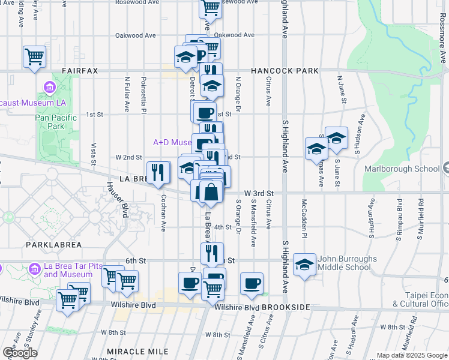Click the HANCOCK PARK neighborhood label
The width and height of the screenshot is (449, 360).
tap(285, 71)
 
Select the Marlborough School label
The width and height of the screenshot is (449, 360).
tap(402, 169)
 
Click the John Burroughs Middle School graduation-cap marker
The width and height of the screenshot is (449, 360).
tap(305, 265)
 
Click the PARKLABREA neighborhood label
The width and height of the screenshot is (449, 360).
tap(50, 245)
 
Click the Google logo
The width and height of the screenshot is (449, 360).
tap(20, 353)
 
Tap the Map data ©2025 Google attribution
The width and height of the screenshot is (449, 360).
tap(411, 355)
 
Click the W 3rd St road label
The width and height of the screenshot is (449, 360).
tap(259, 193)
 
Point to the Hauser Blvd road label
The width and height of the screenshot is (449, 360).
tap(116, 200)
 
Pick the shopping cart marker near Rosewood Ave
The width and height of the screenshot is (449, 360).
tap(210, 8)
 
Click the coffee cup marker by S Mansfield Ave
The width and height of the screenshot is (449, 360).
tap(252, 283)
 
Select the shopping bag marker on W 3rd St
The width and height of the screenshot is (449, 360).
tap(211, 192)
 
